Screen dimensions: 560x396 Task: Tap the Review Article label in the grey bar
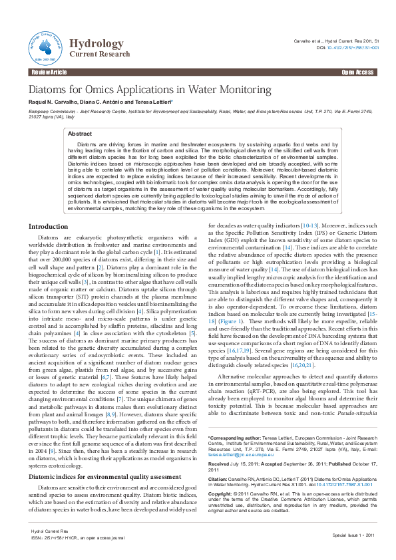(x=49, y=72)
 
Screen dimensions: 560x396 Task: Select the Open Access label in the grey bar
(x=357, y=72)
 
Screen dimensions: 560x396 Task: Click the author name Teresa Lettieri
(x=152, y=102)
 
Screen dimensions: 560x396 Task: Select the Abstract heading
(x=80, y=134)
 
